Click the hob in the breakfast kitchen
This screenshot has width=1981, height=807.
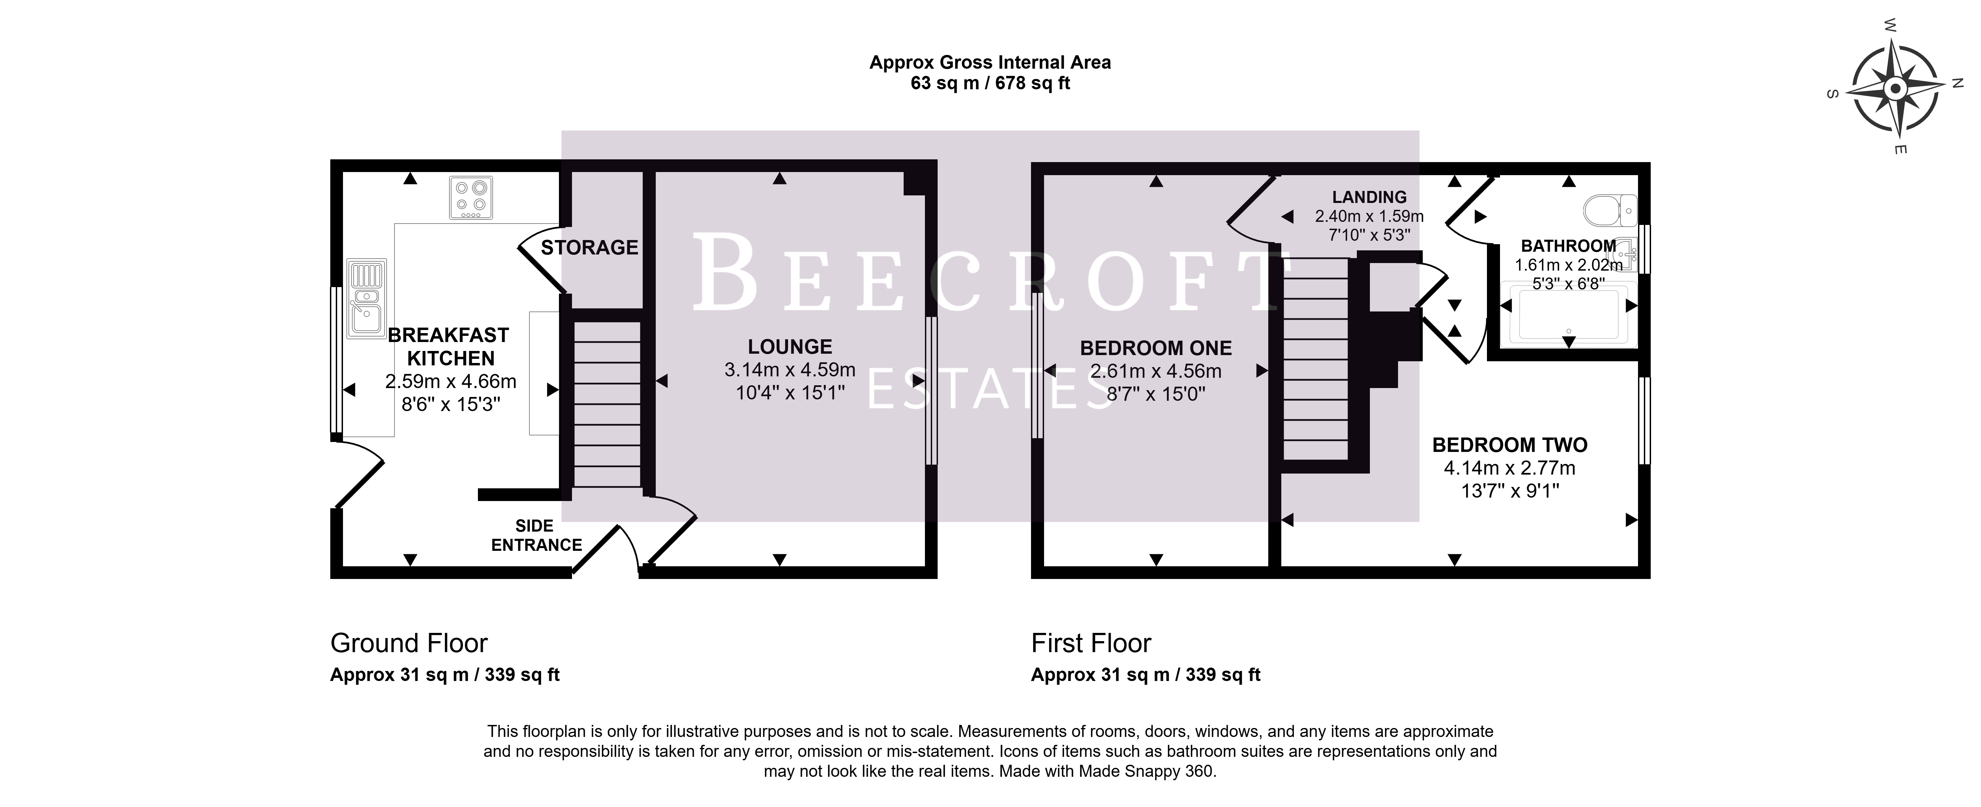[471, 198]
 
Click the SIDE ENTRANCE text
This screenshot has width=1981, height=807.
[536, 535]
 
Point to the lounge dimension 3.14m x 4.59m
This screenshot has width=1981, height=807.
[790, 370]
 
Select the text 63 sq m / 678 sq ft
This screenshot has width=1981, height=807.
[990, 83]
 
